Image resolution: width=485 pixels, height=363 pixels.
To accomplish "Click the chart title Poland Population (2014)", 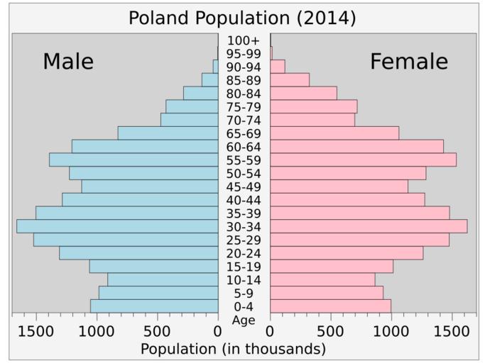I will click(x=242, y=17).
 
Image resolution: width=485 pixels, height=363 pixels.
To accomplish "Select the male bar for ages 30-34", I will click(x=117, y=226).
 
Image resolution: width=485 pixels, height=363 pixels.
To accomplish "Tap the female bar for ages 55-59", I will click(x=363, y=160).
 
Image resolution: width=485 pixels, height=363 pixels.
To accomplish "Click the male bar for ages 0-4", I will click(x=154, y=306).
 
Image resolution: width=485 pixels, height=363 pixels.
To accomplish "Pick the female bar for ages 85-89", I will click(x=290, y=80).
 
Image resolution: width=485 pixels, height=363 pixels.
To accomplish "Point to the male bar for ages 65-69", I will click(x=168, y=133).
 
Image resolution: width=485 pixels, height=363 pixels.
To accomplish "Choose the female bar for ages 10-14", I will click(x=322, y=279).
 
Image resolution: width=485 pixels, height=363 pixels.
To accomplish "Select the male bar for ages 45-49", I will click(x=150, y=186).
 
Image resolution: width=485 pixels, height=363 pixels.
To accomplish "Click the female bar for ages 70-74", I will click(x=312, y=120).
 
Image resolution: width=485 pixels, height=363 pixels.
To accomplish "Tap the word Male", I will click(x=68, y=62).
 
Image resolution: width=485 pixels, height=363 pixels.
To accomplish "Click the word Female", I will click(x=409, y=62).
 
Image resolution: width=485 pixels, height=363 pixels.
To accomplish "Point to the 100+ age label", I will click(x=244, y=40).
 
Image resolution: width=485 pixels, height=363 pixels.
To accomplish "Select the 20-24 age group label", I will click(x=244, y=253).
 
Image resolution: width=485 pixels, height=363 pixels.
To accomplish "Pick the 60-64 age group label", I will click(x=244, y=147).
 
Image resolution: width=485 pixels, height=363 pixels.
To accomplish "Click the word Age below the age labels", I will click(x=244, y=320).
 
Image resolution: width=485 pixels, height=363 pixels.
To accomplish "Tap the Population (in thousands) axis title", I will click(x=233, y=349).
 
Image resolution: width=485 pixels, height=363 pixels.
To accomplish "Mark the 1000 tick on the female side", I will click(x=391, y=330).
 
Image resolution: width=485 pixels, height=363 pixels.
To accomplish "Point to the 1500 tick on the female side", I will click(x=452, y=330).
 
